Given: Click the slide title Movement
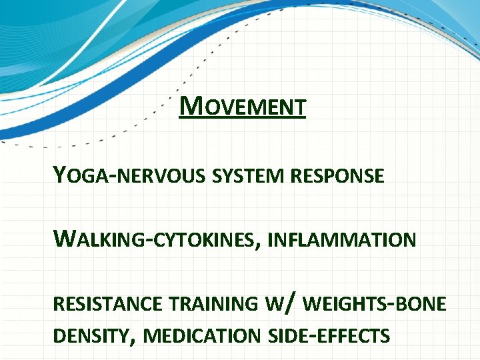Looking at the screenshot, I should click(243, 107).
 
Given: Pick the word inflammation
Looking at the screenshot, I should click(341, 239).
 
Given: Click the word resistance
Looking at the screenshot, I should click(107, 304).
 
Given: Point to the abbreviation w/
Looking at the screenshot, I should click(280, 303).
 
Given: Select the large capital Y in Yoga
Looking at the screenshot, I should click(61, 175).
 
